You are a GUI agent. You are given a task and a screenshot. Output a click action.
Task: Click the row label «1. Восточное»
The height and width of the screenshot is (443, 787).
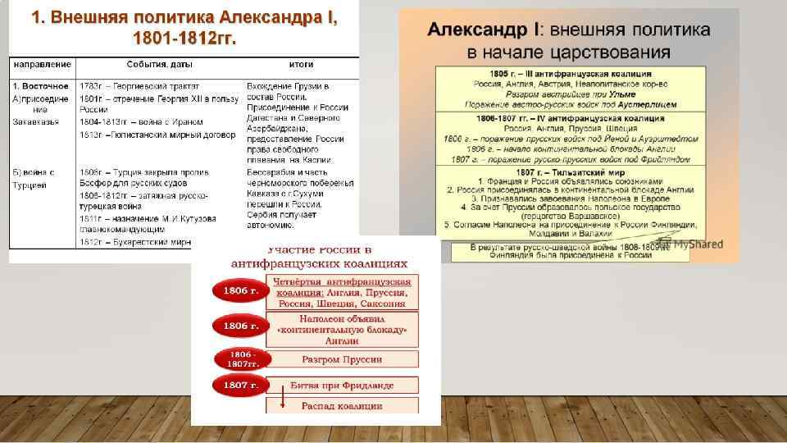pos(40,85)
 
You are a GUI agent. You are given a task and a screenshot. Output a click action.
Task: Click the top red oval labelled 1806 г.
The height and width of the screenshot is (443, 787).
pos(235,290)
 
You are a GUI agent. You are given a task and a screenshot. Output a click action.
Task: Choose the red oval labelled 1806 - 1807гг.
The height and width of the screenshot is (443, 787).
pos(237,359)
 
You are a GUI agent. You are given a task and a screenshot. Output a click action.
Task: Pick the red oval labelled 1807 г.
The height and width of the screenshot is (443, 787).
pos(235,384)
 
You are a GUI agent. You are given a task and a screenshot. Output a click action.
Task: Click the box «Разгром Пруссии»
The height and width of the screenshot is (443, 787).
pos(342,359)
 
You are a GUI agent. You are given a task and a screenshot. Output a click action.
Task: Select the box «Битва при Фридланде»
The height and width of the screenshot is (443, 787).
pos(342,385)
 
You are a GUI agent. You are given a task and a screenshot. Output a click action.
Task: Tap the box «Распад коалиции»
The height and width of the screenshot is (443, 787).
pos(342,406)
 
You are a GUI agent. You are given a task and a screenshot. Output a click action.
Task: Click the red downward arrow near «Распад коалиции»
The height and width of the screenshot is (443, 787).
pos(282,400)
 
